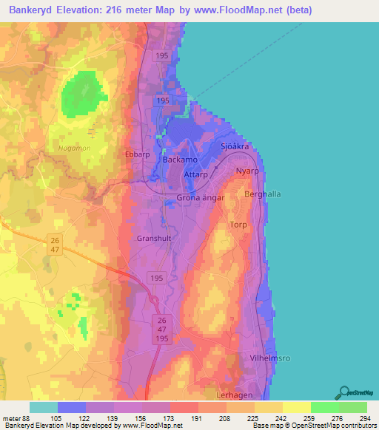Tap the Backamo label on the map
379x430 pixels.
(x=180, y=160)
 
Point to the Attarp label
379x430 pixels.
(x=196, y=175)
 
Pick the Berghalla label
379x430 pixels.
(x=261, y=194)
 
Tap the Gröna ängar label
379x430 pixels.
(x=198, y=199)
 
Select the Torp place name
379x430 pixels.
(x=238, y=225)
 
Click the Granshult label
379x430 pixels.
(x=154, y=239)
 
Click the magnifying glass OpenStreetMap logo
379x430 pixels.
(x=344, y=394)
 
